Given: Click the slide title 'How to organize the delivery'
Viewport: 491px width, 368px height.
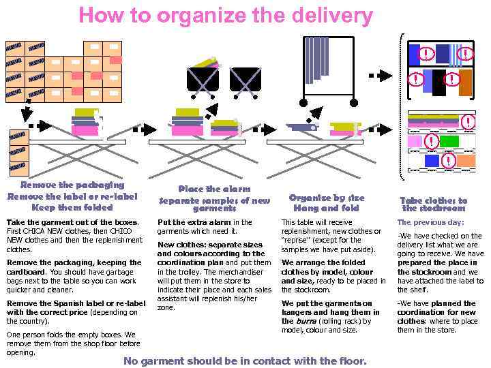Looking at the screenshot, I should (x=226, y=16).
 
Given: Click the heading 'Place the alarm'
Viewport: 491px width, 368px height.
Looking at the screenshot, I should (x=214, y=189).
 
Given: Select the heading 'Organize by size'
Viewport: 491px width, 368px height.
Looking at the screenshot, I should (x=327, y=197).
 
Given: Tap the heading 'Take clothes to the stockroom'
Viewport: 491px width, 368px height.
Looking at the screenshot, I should (x=433, y=204).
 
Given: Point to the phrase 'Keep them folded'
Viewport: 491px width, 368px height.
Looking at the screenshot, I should (x=72, y=207).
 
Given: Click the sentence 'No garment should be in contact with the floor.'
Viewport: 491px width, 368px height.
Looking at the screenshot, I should (x=245, y=361).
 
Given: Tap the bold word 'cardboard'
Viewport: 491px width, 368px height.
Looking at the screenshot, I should (x=25, y=271).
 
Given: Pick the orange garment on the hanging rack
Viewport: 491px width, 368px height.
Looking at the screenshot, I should (x=465, y=82).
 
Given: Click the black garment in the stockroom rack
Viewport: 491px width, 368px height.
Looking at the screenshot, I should (x=438, y=82).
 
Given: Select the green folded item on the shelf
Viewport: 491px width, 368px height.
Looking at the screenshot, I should (x=448, y=141).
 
